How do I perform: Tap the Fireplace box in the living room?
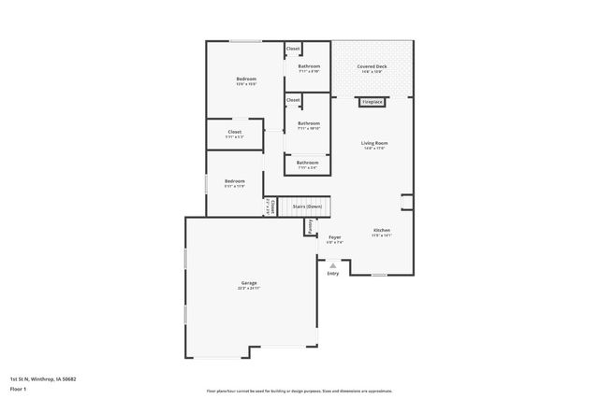pos(372,101)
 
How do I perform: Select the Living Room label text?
pos(374,143)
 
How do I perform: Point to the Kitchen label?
pos(381,230)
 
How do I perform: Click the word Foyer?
pos(334,237)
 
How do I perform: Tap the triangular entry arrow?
pos(332,265)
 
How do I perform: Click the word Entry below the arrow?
pos(332,274)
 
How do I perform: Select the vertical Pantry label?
pos(309,225)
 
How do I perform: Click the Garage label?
pos(249,283)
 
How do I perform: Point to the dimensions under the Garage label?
pos(249,289)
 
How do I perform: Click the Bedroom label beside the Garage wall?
pos(234,180)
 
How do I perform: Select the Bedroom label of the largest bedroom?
pos(245,79)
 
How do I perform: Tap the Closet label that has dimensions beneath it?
pos(234,132)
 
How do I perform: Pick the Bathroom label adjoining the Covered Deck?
pos(309,66)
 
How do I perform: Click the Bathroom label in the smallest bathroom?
pos(307,163)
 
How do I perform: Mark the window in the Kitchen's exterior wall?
pos(378,275)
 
